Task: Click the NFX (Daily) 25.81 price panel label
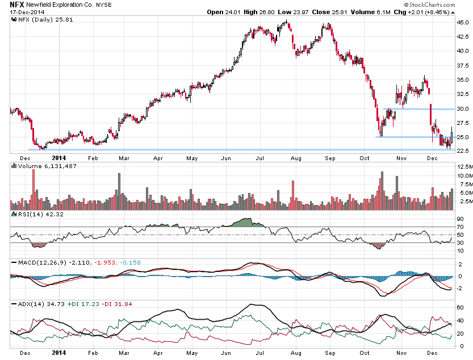(x=40, y=19)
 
